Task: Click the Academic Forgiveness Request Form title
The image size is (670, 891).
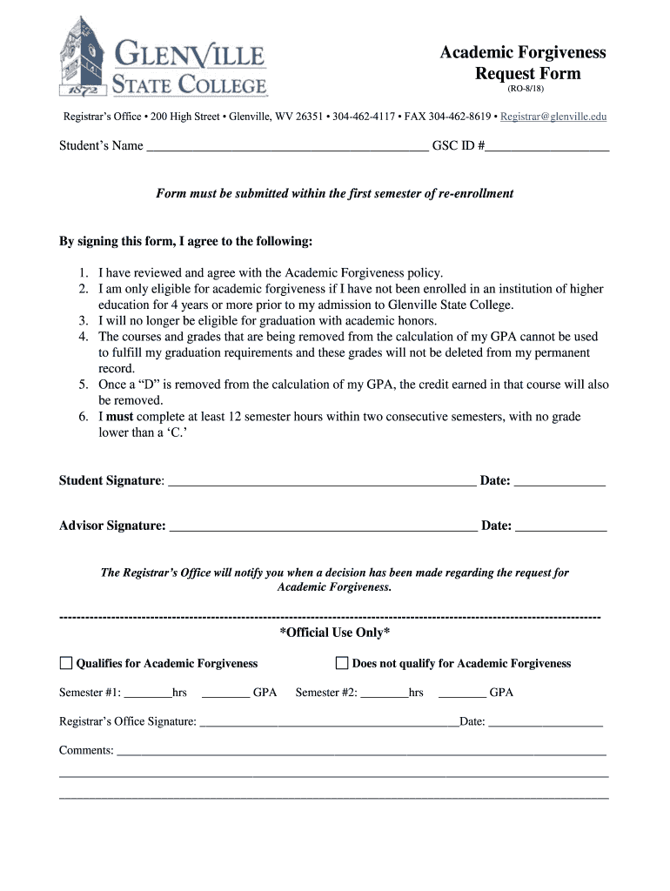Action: (x=522, y=63)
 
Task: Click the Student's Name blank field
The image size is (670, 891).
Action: (x=287, y=147)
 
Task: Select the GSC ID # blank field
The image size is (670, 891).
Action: (x=547, y=147)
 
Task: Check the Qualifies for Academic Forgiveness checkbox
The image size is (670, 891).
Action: (x=66, y=663)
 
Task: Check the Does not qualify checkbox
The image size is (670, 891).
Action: (x=342, y=663)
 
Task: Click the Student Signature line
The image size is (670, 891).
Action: (x=321, y=481)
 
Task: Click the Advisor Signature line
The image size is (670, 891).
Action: (x=323, y=526)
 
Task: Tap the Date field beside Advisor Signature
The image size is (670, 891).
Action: (x=561, y=526)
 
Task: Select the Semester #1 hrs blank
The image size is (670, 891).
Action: (x=148, y=694)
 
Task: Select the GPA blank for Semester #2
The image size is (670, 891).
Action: (x=462, y=694)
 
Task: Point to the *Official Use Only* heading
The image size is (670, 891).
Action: (x=334, y=633)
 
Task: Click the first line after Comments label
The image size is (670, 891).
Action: (x=361, y=752)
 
